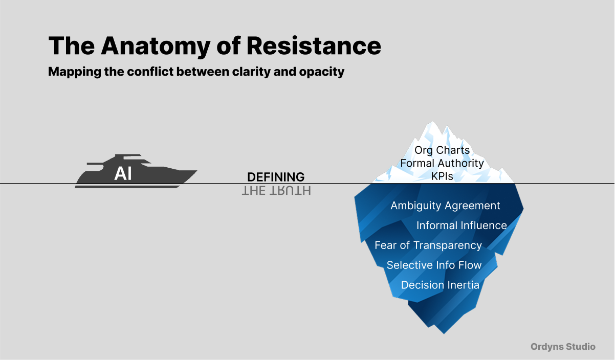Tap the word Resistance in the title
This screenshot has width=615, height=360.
pyautogui.click(x=314, y=46)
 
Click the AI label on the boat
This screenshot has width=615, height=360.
pyautogui.click(x=123, y=174)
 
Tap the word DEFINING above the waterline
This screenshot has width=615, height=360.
pyautogui.click(x=276, y=177)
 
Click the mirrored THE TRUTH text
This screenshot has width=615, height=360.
pyautogui.click(x=276, y=191)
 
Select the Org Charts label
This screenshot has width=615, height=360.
pyautogui.click(x=442, y=150)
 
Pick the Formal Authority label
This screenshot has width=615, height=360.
pyautogui.click(x=442, y=163)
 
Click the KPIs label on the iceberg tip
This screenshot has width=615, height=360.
pyautogui.click(x=442, y=176)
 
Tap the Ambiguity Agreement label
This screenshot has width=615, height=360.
pyautogui.click(x=445, y=206)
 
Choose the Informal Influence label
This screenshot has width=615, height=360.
pyautogui.click(x=462, y=226)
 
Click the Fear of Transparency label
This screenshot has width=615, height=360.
pyautogui.click(x=428, y=245)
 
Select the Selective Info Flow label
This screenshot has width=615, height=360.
pyautogui.click(x=434, y=265)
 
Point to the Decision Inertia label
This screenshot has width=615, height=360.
pyautogui.click(x=440, y=285)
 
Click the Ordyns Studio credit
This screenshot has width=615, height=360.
pyautogui.click(x=563, y=347)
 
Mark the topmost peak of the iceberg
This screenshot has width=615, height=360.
pyautogui.click(x=433, y=122)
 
